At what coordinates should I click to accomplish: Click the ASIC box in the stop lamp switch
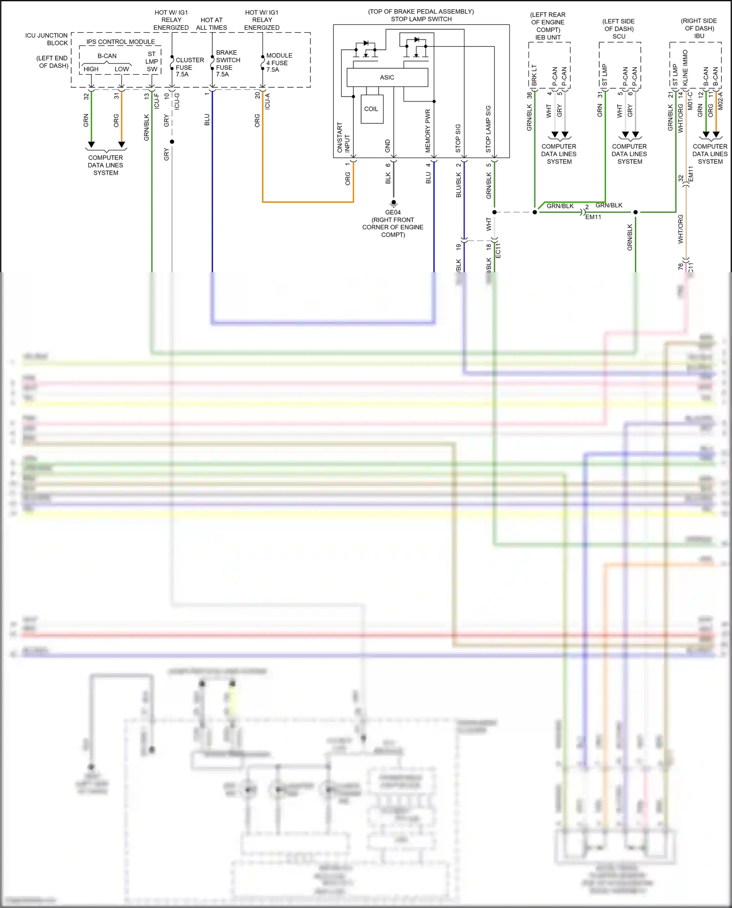click(x=387, y=77)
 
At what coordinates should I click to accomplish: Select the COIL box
click(x=371, y=109)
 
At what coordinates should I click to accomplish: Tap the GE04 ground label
click(x=393, y=212)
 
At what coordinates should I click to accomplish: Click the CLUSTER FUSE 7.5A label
click(x=189, y=67)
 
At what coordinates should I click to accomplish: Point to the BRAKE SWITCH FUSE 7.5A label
click(x=227, y=63)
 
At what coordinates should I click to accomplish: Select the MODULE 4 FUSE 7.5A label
click(x=279, y=62)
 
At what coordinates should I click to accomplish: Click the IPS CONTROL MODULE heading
click(x=121, y=42)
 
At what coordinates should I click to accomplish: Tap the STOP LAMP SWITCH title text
click(x=421, y=19)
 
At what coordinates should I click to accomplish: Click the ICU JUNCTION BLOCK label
click(x=47, y=39)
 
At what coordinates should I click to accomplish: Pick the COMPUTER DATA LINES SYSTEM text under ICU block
click(x=105, y=165)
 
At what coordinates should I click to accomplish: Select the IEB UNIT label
click(x=548, y=37)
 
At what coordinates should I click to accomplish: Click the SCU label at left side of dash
click(x=619, y=36)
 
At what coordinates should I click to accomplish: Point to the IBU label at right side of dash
click(x=699, y=36)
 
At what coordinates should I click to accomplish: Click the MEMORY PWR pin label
click(x=428, y=131)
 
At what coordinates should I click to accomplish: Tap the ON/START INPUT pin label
click(x=343, y=138)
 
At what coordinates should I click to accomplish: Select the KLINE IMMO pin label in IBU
click(x=686, y=68)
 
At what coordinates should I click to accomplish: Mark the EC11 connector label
click(x=498, y=250)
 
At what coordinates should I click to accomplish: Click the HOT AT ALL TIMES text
click(x=211, y=24)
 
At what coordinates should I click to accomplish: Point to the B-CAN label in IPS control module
click(x=107, y=56)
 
